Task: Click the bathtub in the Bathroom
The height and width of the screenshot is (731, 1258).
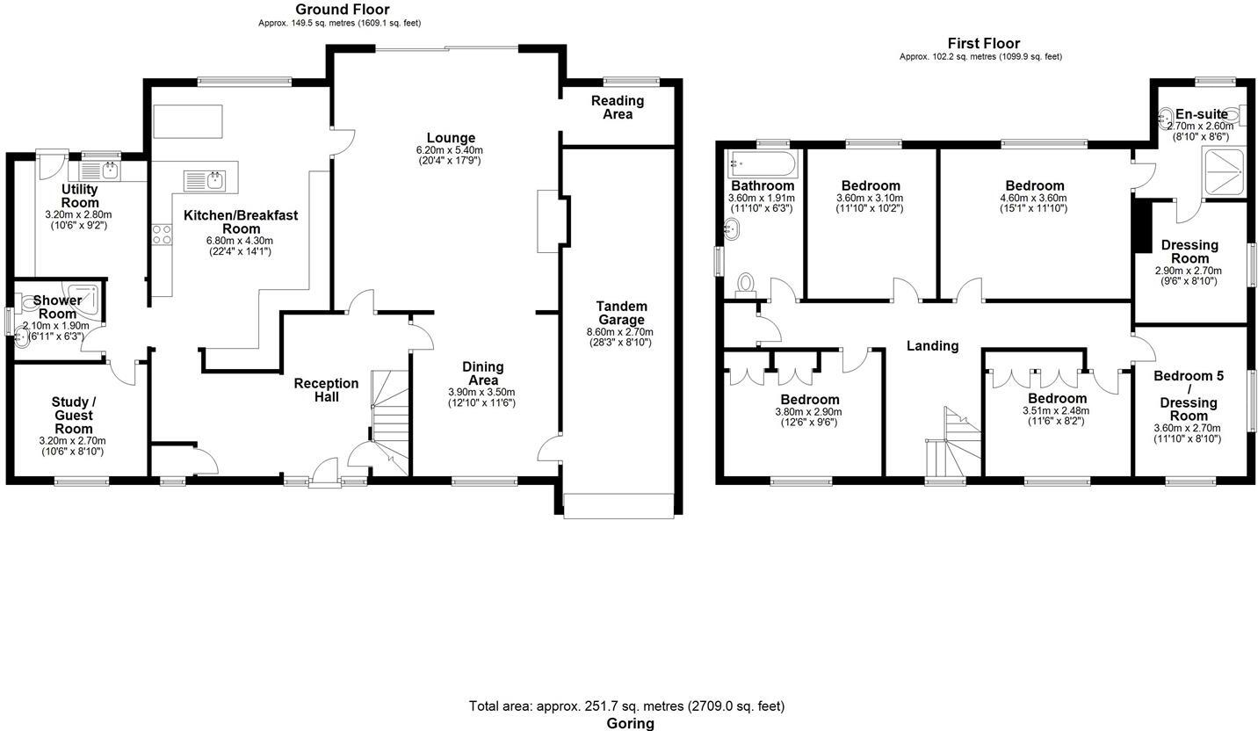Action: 762,163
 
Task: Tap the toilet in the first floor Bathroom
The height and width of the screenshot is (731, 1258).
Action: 746,283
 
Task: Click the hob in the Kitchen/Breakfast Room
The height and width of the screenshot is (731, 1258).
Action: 162,235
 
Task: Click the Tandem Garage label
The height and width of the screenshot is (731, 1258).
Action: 620,313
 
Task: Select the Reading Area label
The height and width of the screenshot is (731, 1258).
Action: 617,107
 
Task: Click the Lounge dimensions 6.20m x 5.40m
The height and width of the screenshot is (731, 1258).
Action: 450,150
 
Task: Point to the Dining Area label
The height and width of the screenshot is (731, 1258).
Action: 482,373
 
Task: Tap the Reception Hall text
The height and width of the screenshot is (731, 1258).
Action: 326,390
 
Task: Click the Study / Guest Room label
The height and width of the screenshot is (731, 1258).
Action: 73,415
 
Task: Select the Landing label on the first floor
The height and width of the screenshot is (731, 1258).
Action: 932,345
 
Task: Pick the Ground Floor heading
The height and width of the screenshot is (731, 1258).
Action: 342,10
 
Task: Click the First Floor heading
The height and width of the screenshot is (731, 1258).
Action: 983,43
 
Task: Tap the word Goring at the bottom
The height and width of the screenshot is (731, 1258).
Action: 630,723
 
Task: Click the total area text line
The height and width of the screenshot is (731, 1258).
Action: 626,706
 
